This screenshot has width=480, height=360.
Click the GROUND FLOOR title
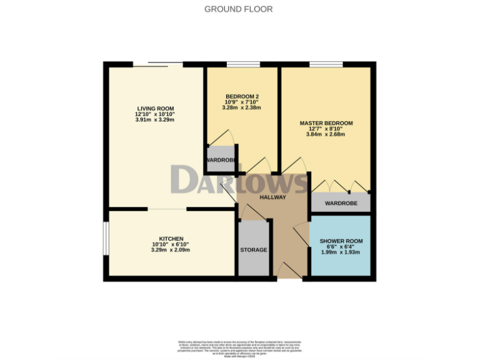click(239, 9)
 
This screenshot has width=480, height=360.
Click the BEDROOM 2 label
click(242, 96)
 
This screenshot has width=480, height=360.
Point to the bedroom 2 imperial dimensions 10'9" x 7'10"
click(242, 102)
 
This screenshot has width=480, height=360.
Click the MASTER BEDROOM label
click(326, 123)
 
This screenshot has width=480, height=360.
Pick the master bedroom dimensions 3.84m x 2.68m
click(326, 135)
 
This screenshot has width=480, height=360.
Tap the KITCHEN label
click(171, 239)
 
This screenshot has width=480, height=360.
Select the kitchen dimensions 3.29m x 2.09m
click(171, 250)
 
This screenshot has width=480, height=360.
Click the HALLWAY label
click(274, 197)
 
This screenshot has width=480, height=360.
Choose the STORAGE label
click(254, 250)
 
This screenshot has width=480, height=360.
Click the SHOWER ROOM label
click(341, 241)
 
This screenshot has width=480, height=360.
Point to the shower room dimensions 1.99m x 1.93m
click(341, 252)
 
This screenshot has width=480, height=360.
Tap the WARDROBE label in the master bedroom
click(341, 203)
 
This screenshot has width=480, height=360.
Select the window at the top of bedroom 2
click(243, 64)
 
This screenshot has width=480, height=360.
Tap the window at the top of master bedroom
click(326, 64)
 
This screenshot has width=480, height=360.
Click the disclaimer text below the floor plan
click(239, 347)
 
